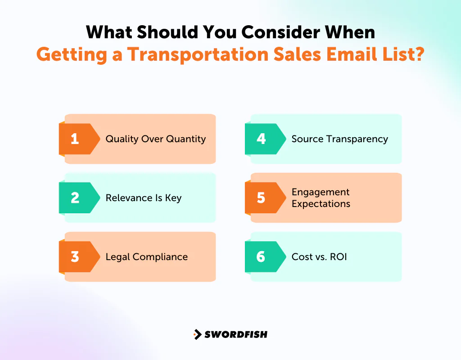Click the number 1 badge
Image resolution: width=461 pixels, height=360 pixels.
(75, 139)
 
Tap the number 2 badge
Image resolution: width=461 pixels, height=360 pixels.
(75, 198)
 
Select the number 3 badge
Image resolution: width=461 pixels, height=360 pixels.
(75, 257)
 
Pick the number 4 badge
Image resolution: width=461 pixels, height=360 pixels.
(261, 139)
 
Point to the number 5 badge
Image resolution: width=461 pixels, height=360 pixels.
(261, 198)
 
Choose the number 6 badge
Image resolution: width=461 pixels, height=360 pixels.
(261, 257)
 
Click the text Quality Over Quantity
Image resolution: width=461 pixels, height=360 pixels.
(155, 139)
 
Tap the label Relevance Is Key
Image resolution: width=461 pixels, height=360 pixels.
(143, 198)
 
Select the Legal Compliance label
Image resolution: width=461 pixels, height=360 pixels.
(146, 257)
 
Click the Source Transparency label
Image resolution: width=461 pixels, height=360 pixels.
(339, 139)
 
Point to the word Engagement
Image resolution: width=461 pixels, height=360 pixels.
(321, 192)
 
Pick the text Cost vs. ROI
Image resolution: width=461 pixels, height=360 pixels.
(319, 257)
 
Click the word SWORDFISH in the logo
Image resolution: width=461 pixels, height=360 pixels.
(236, 334)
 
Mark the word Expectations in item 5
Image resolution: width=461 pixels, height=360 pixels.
(321, 204)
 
